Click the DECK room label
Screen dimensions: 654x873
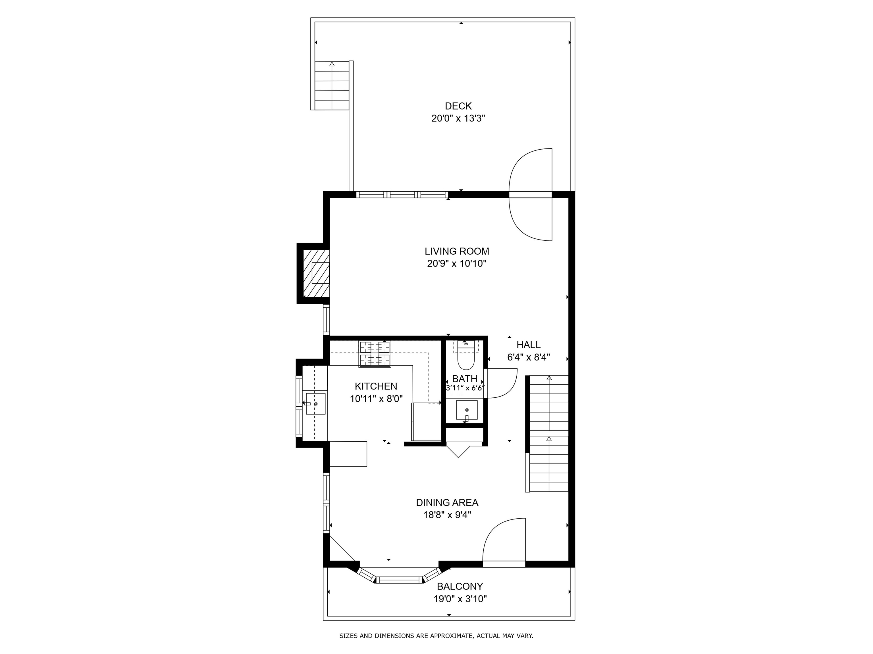(458, 106)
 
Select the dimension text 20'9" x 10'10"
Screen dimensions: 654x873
(457, 264)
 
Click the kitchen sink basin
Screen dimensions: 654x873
(316, 404)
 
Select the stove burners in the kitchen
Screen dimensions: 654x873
(375, 354)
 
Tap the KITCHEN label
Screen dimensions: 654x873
(376, 386)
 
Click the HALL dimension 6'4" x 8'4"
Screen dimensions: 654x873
(529, 357)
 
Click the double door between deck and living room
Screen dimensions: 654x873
(531, 194)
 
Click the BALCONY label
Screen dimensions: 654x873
(460, 586)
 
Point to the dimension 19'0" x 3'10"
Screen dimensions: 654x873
(460, 599)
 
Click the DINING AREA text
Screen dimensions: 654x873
(447, 503)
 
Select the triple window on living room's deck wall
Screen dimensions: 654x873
(402, 194)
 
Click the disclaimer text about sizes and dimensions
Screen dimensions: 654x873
(436, 636)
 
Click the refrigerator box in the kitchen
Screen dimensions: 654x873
(426, 422)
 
